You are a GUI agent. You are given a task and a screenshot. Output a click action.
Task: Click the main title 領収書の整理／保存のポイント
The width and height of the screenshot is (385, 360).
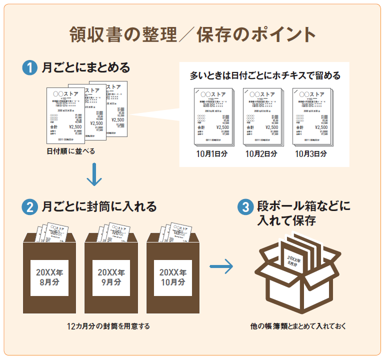coord(192,35)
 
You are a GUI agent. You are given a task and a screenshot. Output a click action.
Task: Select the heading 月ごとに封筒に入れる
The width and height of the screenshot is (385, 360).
coord(99,206)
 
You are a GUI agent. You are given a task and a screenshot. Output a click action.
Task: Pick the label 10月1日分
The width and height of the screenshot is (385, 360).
coord(212,153)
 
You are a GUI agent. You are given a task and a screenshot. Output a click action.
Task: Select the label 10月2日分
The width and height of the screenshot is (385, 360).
coord(261,153)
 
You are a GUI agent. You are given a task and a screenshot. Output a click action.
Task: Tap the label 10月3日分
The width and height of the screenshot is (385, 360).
coord(311,153)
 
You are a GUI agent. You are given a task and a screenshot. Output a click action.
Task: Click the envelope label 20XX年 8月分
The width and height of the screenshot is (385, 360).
coord(49,277)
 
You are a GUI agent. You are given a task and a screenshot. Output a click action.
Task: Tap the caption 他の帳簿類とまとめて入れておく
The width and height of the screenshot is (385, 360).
coord(298,326)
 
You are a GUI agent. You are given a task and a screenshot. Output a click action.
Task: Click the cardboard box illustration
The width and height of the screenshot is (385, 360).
coord(298,272)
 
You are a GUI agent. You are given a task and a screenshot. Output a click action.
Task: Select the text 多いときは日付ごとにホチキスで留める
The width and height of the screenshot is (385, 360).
coord(265,76)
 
